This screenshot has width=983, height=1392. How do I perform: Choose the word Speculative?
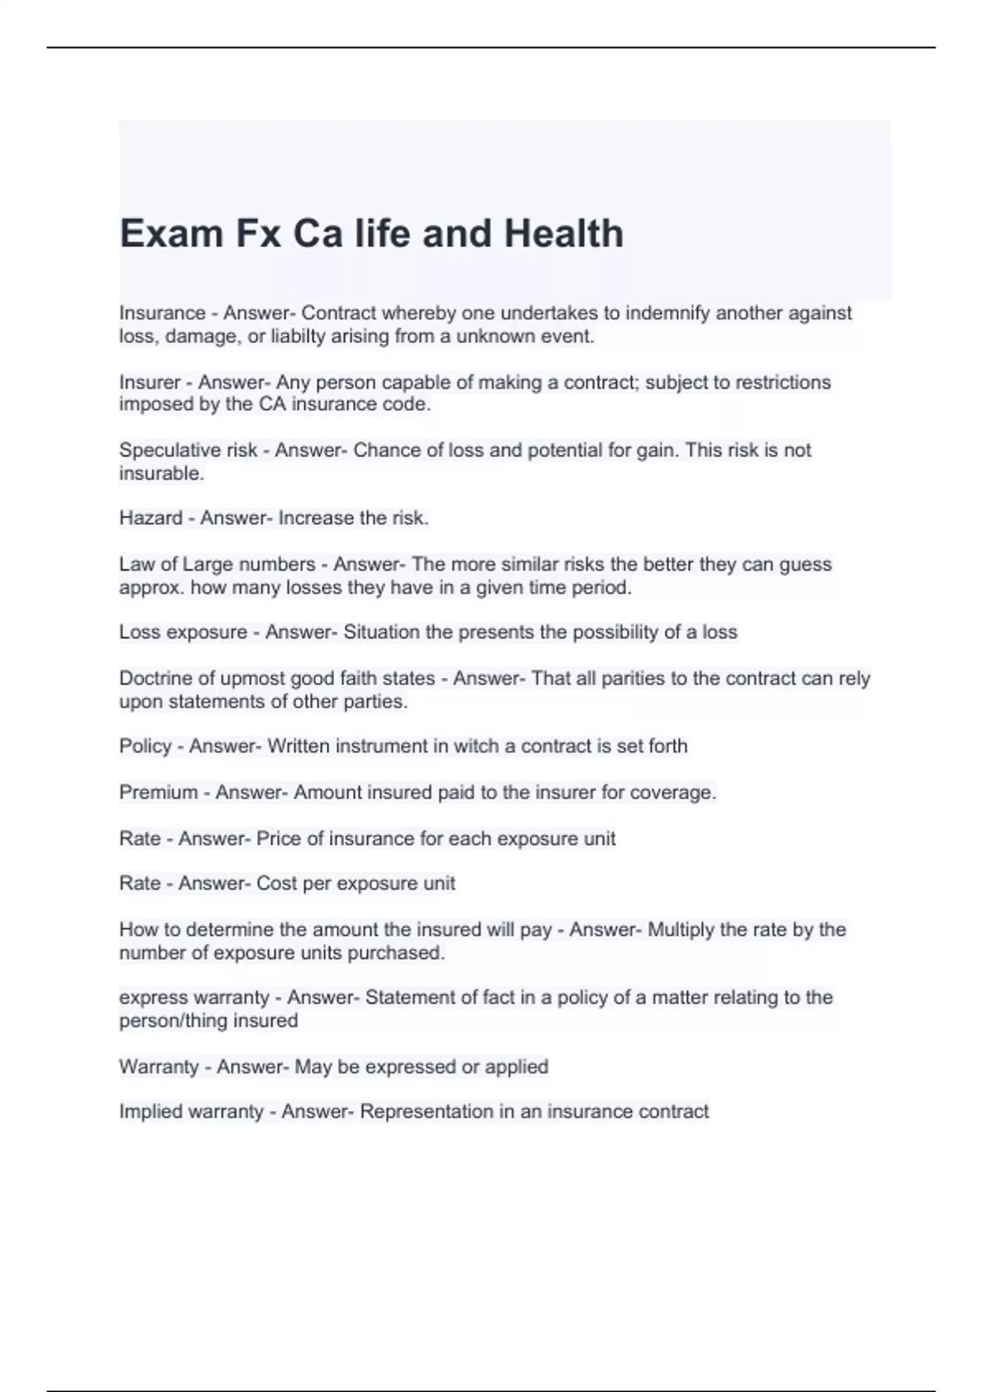(x=164, y=450)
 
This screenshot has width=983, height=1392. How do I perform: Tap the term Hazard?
(x=151, y=518)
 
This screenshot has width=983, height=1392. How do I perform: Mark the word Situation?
(x=382, y=632)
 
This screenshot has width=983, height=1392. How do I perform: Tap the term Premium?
(x=158, y=793)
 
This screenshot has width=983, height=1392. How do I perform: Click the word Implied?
(x=151, y=1112)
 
